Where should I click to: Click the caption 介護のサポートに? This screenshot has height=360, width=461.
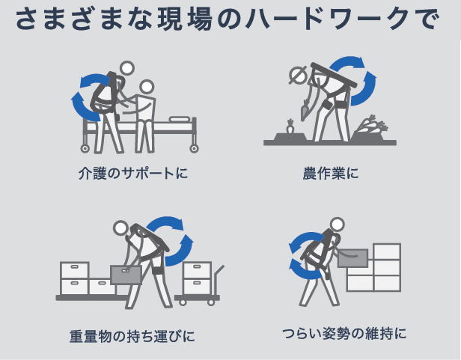(133, 173)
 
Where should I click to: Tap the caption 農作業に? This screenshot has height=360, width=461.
(331, 173)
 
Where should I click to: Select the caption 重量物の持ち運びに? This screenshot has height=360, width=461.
(132, 336)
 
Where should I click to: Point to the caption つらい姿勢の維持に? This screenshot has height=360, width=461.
(344, 334)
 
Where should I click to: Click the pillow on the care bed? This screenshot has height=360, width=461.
(180, 119)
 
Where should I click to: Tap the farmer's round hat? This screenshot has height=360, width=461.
(297, 74)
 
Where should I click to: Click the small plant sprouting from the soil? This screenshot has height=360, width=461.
(290, 126)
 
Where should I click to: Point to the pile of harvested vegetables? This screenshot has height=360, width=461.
(371, 126)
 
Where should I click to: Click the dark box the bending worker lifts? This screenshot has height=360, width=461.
(126, 275)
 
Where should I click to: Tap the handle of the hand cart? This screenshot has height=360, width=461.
(219, 274)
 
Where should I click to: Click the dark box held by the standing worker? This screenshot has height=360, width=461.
(352, 258)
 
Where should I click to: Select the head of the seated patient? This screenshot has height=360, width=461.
(147, 88)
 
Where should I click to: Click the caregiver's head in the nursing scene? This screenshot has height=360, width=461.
(126, 69)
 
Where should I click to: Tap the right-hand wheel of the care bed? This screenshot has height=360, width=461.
(194, 148)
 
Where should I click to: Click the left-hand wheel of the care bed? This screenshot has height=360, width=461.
(85, 148)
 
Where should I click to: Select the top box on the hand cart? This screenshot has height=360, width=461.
(197, 270)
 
